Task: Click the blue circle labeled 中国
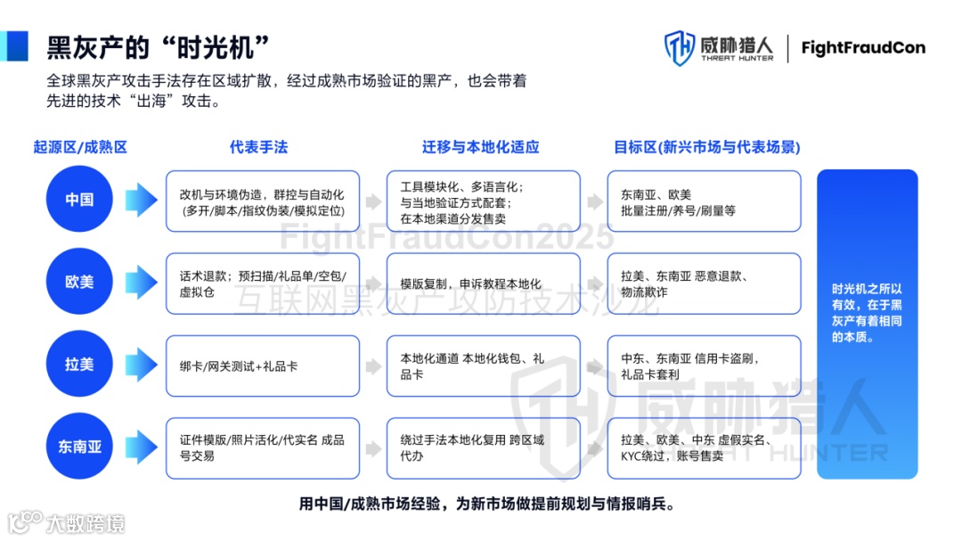(x=79, y=200)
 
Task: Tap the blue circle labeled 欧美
(x=79, y=283)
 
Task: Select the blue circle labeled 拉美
(x=79, y=365)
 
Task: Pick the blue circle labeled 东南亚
(x=79, y=447)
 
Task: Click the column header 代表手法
(x=258, y=147)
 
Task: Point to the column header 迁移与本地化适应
(x=481, y=147)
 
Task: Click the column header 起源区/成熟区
(x=80, y=147)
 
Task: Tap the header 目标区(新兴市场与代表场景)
(x=706, y=147)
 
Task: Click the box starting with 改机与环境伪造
(x=262, y=201)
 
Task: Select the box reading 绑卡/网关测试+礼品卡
(x=262, y=365)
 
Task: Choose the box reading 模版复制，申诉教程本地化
(x=483, y=283)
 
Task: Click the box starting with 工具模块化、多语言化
(x=483, y=201)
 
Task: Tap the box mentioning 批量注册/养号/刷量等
(x=704, y=201)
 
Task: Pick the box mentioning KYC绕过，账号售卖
(x=704, y=447)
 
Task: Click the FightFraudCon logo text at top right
(x=862, y=47)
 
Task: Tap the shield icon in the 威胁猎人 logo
(x=680, y=48)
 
